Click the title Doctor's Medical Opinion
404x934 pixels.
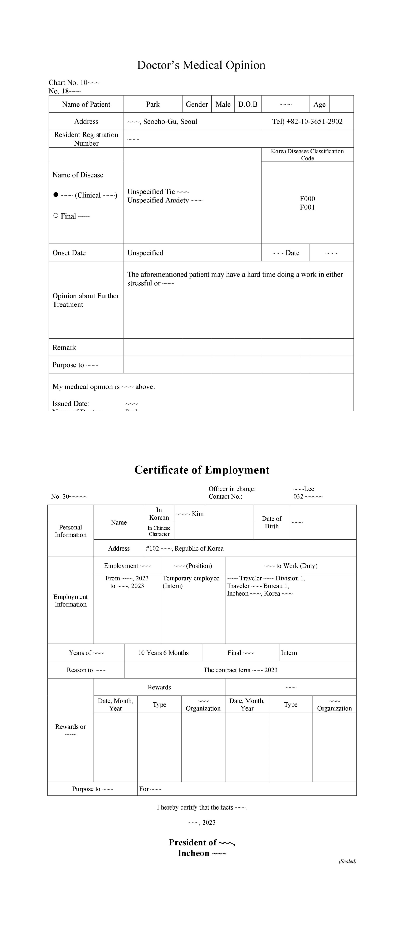(x=201, y=65)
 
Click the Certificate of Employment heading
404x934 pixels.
(x=202, y=470)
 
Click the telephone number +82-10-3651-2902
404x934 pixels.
(x=307, y=122)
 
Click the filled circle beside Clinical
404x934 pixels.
(x=56, y=195)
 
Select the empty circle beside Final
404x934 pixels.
(x=56, y=216)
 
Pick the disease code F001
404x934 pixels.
(x=307, y=207)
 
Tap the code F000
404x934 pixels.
(x=307, y=199)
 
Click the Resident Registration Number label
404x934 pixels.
(x=86, y=139)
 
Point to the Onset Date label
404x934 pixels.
(x=69, y=253)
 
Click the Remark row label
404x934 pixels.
(x=64, y=347)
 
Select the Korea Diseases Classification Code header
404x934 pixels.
(x=307, y=155)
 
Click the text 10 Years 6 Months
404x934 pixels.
(x=163, y=653)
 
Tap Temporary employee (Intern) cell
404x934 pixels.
(x=191, y=582)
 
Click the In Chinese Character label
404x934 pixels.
(x=159, y=531)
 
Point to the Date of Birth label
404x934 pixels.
(x=272, y=522)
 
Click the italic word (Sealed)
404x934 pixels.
(x=347, y=861)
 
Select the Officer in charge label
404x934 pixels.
(x=232, y=489)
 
